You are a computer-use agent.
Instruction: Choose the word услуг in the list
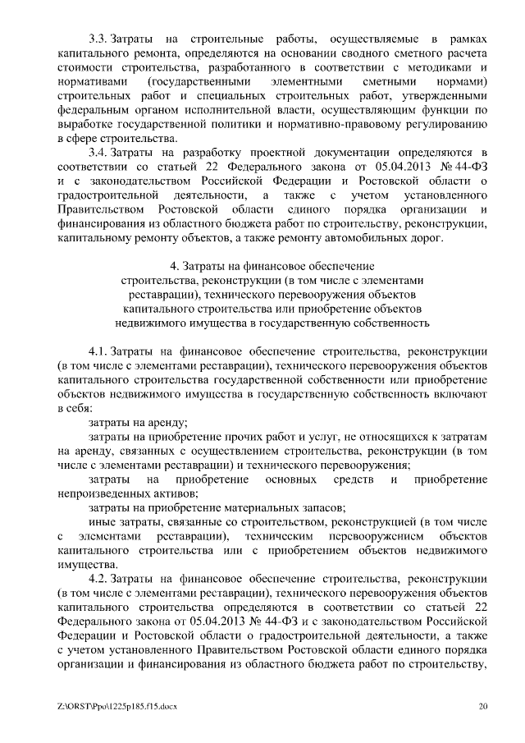click(x=285, y=436)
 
